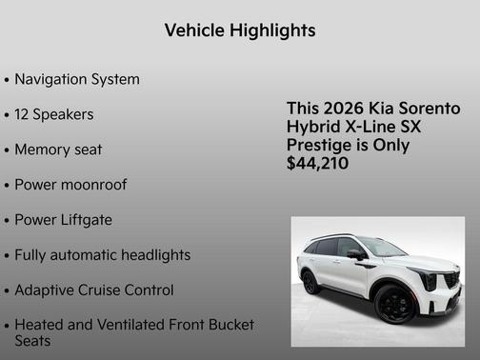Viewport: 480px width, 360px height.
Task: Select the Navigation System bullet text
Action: (x=77, y=79)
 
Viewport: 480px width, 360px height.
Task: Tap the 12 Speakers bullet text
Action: (x=53, y=114)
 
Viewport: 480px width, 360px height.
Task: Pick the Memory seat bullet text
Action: (x=58, y=150)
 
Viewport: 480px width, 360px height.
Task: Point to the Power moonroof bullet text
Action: (x=70, y=185)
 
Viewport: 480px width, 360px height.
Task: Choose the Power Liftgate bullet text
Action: (x=63, y=220)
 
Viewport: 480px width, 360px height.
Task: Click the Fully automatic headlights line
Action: (x=103, y=255)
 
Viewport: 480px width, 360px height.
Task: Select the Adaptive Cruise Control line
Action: (x=94, y=290)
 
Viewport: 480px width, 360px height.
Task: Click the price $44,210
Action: (x=318, y=164)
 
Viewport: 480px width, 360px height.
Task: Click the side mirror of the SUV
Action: (x=356, y=254)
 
